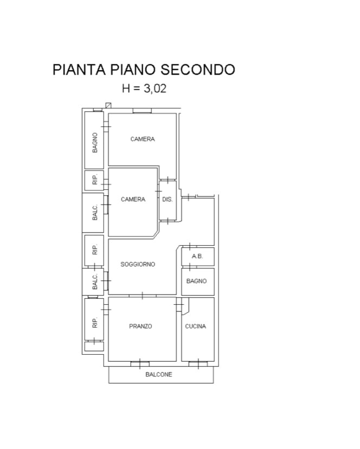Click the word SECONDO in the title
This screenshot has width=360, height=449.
(x=197, y=69)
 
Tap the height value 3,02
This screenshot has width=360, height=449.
(x=155, y=88)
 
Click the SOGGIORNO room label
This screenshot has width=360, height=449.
(x=138, y=264)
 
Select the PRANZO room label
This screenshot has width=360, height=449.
(x=140, y=326)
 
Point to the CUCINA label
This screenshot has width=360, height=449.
(x=196, y=326)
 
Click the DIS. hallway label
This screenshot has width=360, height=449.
(x=167, y=200)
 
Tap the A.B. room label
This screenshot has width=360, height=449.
(x=197, y=256)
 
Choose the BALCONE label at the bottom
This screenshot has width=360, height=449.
(x=159, y=375)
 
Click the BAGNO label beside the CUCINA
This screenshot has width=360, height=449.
(x=196, y=281)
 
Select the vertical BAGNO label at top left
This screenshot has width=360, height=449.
(x=95, y=143)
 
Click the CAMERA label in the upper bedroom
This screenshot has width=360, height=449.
(x=143, y=139)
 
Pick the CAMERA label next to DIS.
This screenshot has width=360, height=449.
(x=133, y=200)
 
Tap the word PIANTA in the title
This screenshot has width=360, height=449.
(x=79, y=69)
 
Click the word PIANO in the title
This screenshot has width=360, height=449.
(x=133, y=69)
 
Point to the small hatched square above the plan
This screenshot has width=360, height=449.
(x=108, y=105)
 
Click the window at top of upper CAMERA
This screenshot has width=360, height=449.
(x=142, y=111)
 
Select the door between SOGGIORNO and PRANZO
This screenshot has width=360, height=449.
(x=143, y=296)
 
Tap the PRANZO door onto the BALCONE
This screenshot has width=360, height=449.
(x=140, y=364)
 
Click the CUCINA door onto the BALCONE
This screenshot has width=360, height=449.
(x=198, y=364)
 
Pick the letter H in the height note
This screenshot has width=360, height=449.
(x=126, y=88)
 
